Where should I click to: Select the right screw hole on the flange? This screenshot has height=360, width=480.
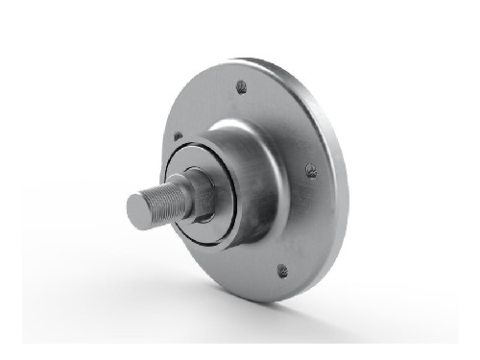tap(310, 171)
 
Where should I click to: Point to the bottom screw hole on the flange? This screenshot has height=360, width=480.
tap(282, 271)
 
